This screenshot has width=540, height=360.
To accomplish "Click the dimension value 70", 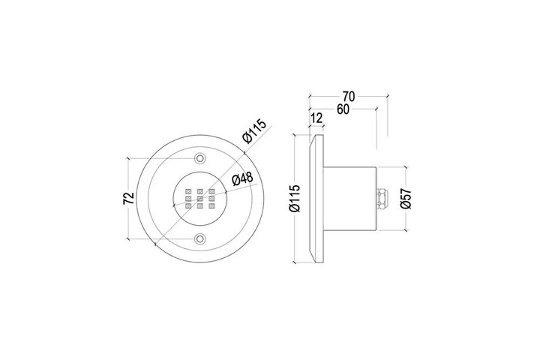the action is [349, 97].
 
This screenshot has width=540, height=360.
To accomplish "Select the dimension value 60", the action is [343, 109].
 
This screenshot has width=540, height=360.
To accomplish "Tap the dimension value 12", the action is [316, 118].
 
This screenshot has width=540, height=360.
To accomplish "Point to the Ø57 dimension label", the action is [406, 199].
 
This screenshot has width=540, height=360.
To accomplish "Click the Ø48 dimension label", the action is [242, 178].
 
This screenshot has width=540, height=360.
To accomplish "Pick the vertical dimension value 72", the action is [128, 199].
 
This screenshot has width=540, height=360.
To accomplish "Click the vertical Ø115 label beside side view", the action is [295, 199].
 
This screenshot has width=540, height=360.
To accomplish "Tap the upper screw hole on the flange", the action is [199, 158].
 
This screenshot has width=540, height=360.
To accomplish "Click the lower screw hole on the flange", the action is [199, 238].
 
